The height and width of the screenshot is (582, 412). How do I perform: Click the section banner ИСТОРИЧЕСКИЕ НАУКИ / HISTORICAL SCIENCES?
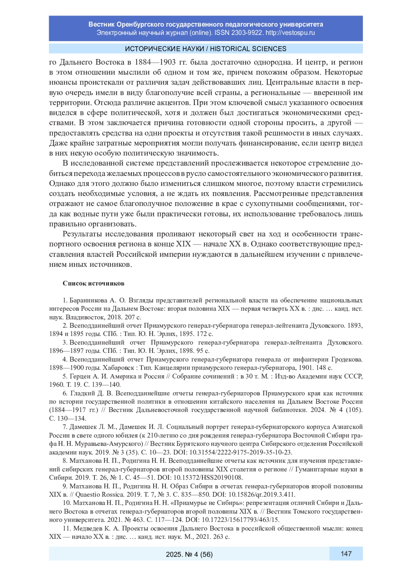(x=206, y=49)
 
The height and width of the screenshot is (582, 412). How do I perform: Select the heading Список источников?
(x=93, y=283)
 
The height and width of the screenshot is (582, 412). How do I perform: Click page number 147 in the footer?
(x=346, y=554)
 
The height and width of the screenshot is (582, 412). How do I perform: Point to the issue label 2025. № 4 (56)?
(x=189, y=554)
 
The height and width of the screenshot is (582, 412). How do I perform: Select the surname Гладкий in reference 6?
(x=82, y=393)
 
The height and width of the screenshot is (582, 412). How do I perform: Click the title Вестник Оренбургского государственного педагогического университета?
(x=206, y=24)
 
